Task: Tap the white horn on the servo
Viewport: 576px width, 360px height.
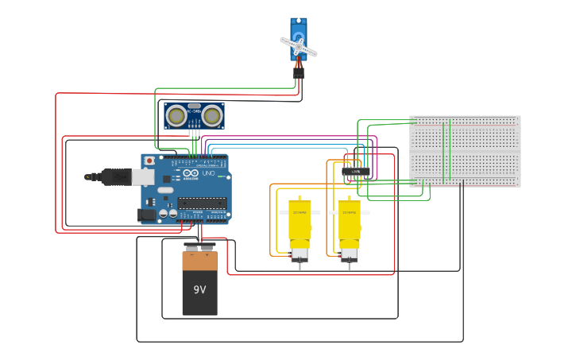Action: pos(299,47)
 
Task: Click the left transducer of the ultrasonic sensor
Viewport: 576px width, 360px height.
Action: pos(176,116)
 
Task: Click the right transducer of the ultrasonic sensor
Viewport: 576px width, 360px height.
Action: pos(211,116)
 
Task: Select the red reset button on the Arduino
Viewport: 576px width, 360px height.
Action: pos(149,161)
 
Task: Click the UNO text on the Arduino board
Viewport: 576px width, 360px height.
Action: pos(209,173)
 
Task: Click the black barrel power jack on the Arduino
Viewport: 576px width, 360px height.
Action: pos(146,214)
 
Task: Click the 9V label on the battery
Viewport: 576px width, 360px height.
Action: pos(199,289)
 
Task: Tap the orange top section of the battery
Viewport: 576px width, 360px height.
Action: pos(199,260)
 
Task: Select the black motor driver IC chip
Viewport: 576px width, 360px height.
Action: pos(356,171)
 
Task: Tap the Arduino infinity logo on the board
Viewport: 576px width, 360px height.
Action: pos(191,173)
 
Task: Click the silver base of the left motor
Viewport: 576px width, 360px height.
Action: pos(300,255)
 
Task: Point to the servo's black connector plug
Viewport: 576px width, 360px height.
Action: pos(298,72)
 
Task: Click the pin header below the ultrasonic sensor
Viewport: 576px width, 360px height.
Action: pos(194,134)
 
